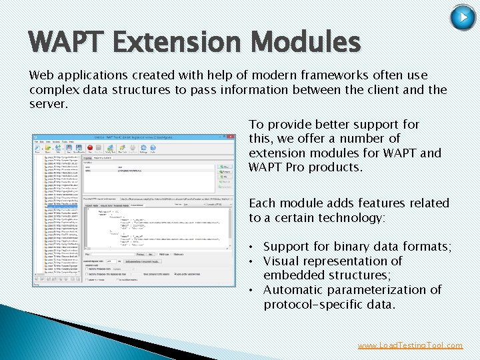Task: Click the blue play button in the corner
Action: [463, 17]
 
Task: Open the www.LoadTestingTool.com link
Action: [410, 345]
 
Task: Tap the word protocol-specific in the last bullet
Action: [311, 305]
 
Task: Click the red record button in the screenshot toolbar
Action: [79, 149]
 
